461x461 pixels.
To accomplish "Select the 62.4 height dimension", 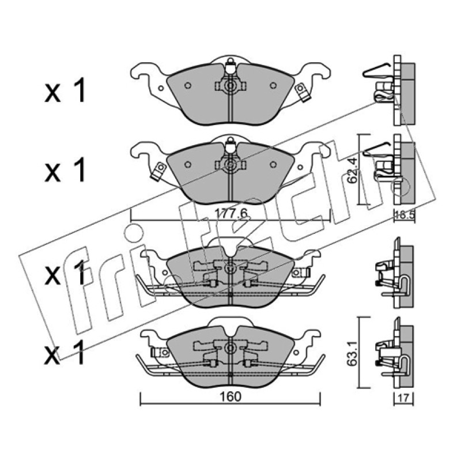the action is point(352,171).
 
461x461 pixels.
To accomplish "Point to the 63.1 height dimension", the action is point(352,353).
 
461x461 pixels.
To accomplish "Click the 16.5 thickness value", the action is point(405,215).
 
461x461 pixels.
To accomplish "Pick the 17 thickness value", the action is point(404,398).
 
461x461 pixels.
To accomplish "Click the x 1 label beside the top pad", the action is point(65,90).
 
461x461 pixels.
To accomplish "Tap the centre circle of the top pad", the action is point(230,86).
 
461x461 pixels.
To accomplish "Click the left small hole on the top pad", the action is point(188,85).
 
